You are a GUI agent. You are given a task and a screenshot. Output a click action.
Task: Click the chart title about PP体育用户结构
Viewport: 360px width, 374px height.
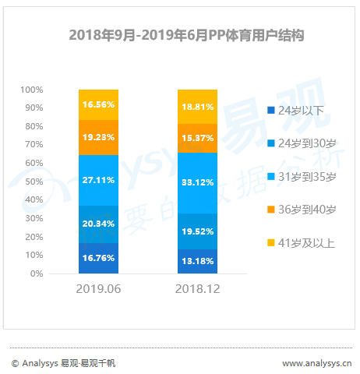click(x=186, y=35)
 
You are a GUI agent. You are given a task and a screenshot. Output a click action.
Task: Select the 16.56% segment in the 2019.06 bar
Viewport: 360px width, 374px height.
click(x=98, y=104)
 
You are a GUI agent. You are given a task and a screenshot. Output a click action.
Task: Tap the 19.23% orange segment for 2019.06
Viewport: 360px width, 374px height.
click(x=98, y=137)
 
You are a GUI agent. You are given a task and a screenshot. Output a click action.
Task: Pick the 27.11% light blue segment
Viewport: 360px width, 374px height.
click(x=98, y=180)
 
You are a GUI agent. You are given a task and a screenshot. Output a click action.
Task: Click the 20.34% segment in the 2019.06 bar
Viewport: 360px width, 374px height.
click(x=98, y=224)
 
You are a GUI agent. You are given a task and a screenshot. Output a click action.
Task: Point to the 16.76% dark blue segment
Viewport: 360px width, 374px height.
click(x=98, y=258)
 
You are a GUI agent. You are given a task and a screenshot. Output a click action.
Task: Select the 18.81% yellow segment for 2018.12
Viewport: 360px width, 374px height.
click(x=197, y=107)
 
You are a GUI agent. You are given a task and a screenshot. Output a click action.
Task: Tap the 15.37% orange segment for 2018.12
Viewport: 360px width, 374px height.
click(x=197, y=138)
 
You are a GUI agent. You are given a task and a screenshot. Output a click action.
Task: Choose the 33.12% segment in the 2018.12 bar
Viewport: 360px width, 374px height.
click(x=197, y=183)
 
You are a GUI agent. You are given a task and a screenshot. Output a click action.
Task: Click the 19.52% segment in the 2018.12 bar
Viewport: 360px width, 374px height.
click(x=197, y=231)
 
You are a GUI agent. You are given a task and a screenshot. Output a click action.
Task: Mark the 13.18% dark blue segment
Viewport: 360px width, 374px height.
click(x=197, y=261)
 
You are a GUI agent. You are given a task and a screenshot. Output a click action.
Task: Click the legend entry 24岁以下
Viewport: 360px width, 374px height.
click(x=295, y=111)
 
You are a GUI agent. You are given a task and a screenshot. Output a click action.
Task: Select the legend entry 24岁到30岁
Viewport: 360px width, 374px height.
click(x=302, y=143)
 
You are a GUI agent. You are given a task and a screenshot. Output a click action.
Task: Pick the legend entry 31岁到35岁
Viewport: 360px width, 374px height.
click(x=302, y=177)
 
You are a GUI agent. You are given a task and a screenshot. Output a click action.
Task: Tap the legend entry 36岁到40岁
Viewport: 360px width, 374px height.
click(x=302, y=210)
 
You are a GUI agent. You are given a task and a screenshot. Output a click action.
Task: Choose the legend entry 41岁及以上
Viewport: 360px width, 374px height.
click(x=302, y=243)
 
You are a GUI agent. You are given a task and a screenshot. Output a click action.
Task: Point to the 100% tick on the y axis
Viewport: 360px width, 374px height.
click(x=32, y=90)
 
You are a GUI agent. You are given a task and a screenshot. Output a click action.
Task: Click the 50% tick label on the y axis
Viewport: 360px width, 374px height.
click(x=34, y=182)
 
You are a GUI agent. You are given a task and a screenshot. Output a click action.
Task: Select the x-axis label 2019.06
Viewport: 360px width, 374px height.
click(x=98, y=289)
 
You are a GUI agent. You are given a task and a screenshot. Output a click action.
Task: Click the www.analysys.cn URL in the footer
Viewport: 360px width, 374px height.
click(x=317, y=363)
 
